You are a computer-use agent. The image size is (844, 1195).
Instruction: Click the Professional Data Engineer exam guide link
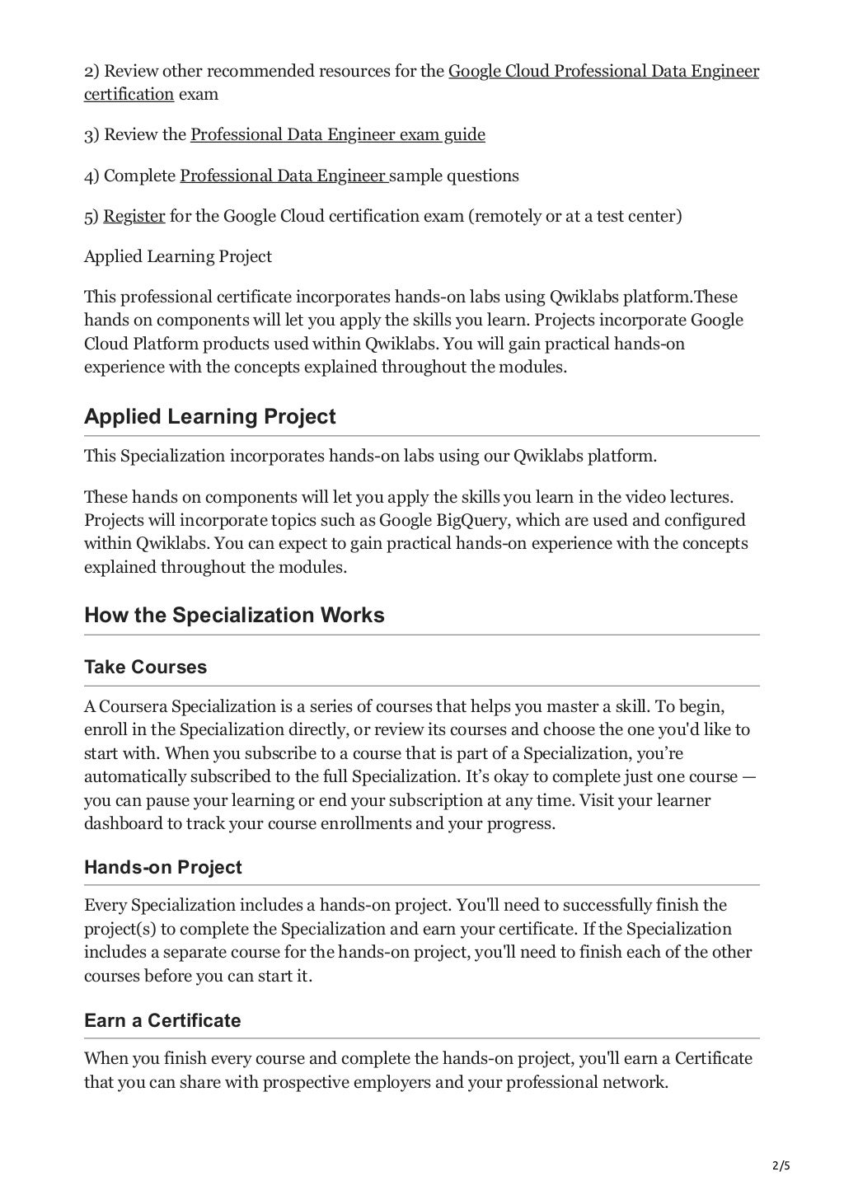(337, 134)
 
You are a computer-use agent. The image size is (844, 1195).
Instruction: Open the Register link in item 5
(134, 216)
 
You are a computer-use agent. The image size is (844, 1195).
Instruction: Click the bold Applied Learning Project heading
(209, 416)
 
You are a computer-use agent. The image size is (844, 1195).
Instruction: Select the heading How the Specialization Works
(234, 616)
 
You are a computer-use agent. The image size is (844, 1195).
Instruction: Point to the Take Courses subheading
(145, 667)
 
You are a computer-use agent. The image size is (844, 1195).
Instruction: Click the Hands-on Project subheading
(162, 867)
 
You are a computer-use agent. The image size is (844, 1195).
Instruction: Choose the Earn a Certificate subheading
(162, 1020)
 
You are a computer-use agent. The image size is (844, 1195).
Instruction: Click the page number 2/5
(780, 1165)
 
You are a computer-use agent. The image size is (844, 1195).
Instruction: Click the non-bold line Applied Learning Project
(177, 256)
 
